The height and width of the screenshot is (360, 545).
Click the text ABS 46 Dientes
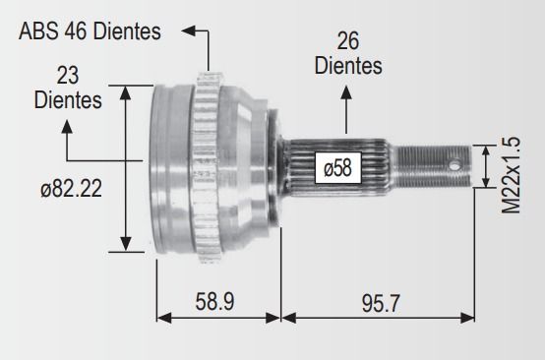90,30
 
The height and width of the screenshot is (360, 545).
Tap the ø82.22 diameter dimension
71,188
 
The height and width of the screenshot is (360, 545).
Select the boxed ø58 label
337,168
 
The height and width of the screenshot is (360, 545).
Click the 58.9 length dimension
214,301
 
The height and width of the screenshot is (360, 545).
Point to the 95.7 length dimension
381,303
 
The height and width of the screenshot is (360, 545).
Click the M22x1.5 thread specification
511,175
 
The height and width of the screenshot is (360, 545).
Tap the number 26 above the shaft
347,41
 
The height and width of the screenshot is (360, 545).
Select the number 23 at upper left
68,76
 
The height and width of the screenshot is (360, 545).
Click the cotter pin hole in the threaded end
454,165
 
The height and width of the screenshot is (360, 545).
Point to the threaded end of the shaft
434,166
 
